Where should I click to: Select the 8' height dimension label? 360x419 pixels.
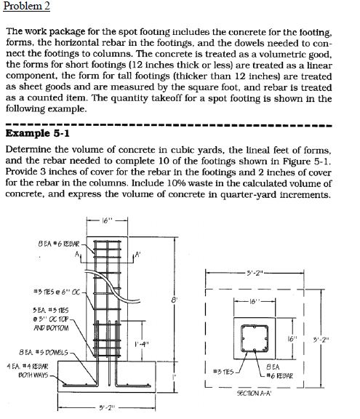172,299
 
